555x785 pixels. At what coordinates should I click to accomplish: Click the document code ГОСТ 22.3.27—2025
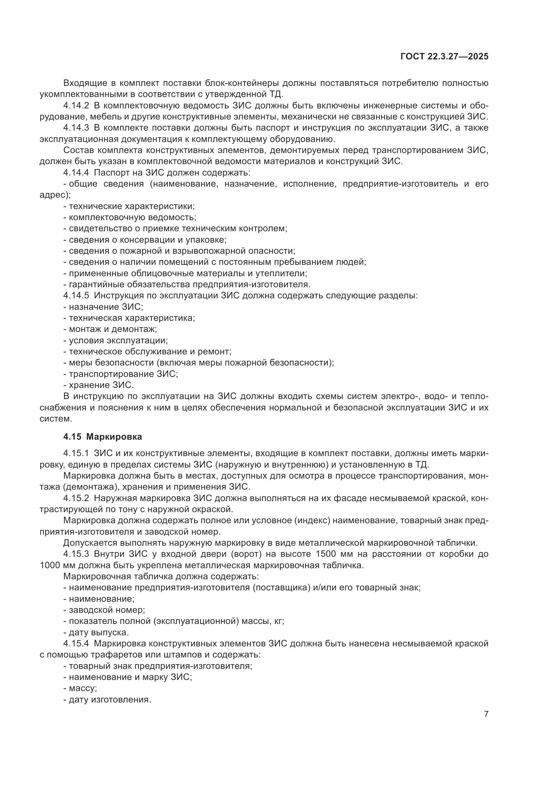[x=444, y=57]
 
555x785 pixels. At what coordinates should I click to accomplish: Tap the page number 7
[x=486, y=714]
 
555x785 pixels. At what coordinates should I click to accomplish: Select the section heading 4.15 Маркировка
[x=103, y=437]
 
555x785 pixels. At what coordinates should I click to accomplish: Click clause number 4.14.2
[x=76, y=106]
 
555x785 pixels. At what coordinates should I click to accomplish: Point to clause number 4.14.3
[x=76, y=128]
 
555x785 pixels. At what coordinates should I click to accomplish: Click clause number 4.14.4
[x=76, y=173]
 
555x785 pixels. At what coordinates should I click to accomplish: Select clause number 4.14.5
[x=76, y=295]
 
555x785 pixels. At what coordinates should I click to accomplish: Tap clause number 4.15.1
[x=76, y=453]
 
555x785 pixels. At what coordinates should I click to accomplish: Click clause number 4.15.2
[x=76, y=498]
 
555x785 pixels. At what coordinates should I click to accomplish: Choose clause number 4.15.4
[x=76, y=643]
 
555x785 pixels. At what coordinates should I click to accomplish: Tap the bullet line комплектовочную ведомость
[x=130, y=217]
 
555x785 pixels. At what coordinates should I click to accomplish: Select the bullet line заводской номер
[x=104, y=610]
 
